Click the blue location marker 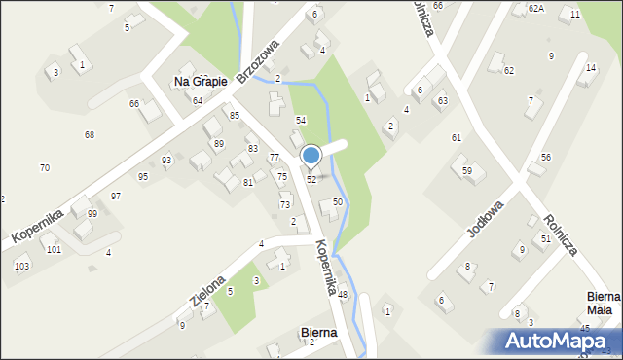click(311, 156)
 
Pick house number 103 click(21, 266)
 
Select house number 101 click(54, 250)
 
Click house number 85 click(235, 116)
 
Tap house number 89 click(219, 144)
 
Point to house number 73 click(285, 205)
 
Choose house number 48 click(343, 295)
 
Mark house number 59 click(467, 171)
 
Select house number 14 click(591, 68)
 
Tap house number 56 click(546, 158)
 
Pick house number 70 click(45, 168)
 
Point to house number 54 click(302, 120)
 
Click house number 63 click(442, 101)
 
